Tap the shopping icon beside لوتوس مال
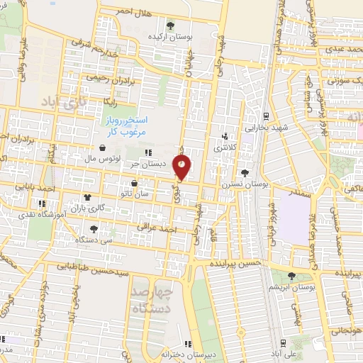105,148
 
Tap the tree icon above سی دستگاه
94,228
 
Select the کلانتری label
225,147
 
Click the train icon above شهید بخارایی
265,116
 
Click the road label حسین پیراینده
237,262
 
